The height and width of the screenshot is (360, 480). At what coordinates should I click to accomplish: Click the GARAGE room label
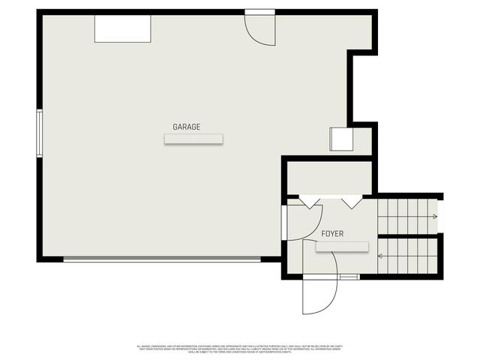[x=187, y=127]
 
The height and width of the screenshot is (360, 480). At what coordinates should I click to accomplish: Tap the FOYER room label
[x=332, y=234]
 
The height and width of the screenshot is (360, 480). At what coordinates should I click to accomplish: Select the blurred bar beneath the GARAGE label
[x=194, y=139]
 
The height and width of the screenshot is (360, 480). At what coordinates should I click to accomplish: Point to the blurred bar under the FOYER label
[x=342, y=247]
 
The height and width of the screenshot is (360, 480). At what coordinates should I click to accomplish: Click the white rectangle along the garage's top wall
[x=122, y=29]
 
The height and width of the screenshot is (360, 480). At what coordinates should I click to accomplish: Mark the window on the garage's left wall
[x=40, y=133]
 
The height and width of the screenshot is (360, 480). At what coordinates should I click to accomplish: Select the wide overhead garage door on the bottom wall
[x=162, y=259]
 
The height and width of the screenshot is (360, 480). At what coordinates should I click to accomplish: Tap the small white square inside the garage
[x=341, y=139]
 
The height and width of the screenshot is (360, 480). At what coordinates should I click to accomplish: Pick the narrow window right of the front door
[x=349, y=277]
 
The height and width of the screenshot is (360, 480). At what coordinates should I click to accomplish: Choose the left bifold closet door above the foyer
[x=310, y=202]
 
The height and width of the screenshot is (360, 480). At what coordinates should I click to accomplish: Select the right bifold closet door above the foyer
[x=351, y=202]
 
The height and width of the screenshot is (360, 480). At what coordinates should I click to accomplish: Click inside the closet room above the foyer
[x=330, y=178]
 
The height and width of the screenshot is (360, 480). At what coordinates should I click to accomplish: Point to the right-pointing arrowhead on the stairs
[x=434, y=217]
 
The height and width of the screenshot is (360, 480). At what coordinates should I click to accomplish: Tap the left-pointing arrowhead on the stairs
[x=381, y=256]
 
